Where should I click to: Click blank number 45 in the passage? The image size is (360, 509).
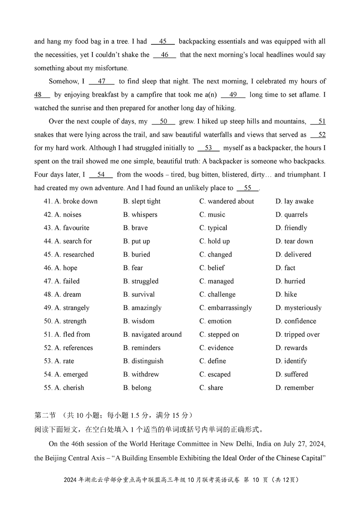(x=163, y=42)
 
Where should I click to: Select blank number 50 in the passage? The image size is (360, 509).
(x=163, y=122)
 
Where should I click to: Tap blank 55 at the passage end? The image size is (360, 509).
(x=248, y=188)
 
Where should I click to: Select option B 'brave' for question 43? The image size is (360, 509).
(x=135, y=228)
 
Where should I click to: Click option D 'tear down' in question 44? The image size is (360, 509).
(x=294, y=241)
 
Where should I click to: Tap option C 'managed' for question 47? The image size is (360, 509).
(x=214, y=281)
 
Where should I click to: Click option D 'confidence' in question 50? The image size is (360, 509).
(x=296, y=321)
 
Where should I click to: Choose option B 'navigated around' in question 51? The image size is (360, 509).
(x=152, y=335)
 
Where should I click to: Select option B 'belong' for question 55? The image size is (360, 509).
(x=137, y=388)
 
